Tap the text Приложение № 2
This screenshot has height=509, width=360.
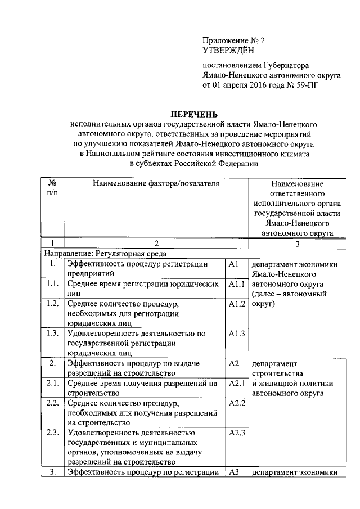click(x=233, y=41)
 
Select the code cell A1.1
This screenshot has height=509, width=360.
click(x=236, y=285)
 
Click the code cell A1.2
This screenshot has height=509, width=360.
click(x=236, y=304)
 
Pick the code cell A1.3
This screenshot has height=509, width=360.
click(x=236, y=334)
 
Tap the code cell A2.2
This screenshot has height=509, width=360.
click(x=236, y=403)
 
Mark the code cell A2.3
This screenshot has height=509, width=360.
click(x=236, y=433)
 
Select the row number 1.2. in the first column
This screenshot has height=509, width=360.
click(x=53, y=304)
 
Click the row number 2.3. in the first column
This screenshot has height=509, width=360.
click(x=53, y=433)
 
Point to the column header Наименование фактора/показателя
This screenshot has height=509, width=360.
click(x=148, y=183)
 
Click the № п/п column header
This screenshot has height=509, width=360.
click(x=52, y=188)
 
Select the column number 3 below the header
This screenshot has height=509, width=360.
click(x=296, y=244)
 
